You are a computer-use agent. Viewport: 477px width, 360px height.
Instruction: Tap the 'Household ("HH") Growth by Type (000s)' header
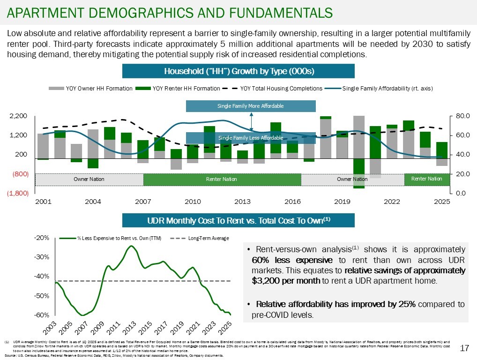[238, 71]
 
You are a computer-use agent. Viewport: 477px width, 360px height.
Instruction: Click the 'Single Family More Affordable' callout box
[251, 106]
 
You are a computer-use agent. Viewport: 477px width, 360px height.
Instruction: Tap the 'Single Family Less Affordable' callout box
[251, 138]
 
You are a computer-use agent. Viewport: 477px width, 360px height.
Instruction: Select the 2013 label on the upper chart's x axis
[242, 202]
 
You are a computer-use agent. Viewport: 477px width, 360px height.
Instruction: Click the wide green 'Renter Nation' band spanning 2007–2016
[222, 180]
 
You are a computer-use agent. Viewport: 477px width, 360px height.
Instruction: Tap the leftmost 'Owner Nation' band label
[89, 180]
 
